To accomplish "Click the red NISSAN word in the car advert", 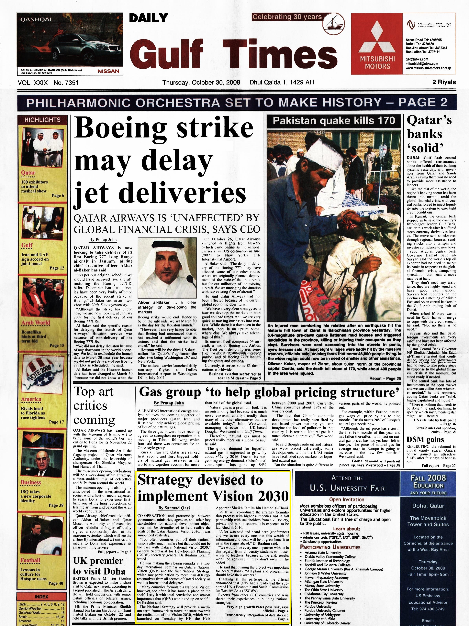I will coord(108,71).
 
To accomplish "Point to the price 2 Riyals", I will coord(444,82).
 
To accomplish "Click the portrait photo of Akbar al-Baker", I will coord(167,268).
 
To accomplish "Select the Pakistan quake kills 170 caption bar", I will coord(334,121).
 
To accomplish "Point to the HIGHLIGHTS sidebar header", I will coord(42,120).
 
